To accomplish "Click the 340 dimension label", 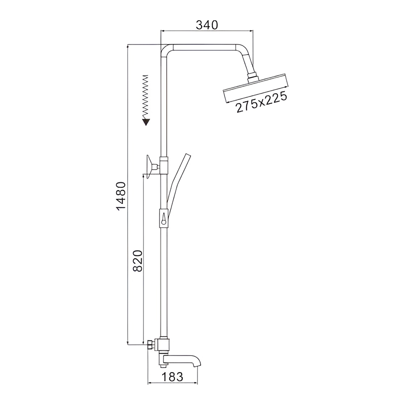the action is pyautogui.click(x=207, y=25).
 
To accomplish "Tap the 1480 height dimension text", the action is pyautogui.click(x=121, y=196).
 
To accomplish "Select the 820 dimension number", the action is pyautogui.click(x=138, y=260).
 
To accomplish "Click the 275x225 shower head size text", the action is pyautogui.click(x=261, y=102).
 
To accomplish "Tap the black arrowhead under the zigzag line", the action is pyautogui.click(x=146, y=122).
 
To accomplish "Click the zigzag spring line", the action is pyautogui.click(x=146, y=97).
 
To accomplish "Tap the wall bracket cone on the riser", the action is pyautogui.click(x=149, y=167).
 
